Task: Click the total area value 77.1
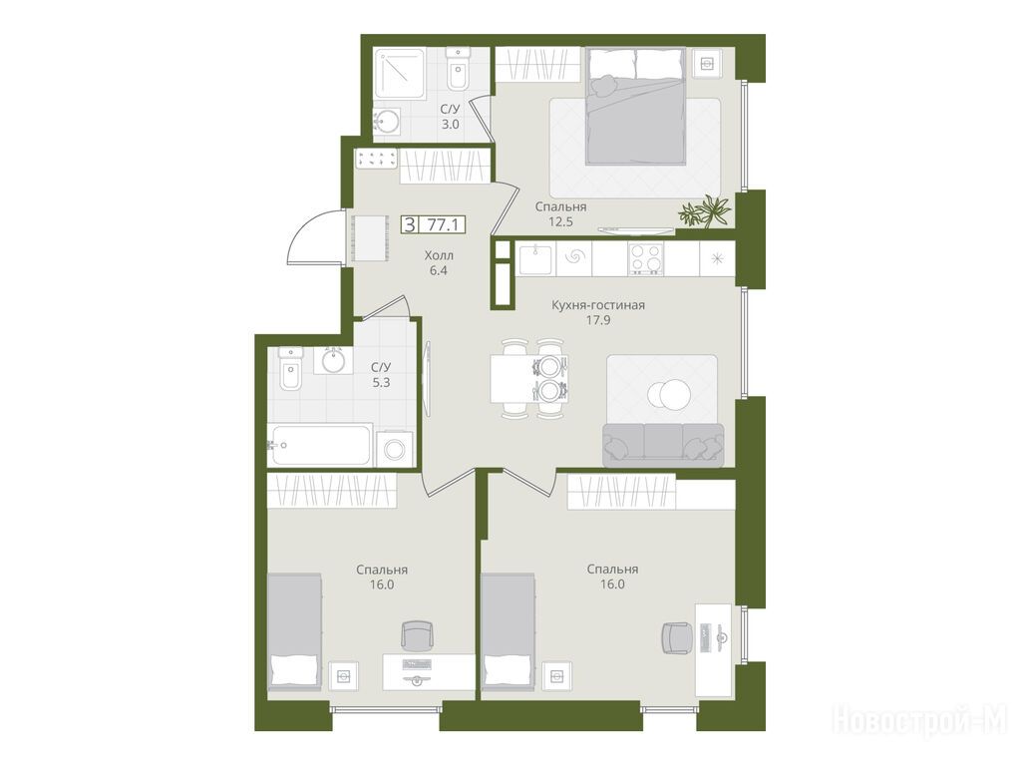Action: [443, 225]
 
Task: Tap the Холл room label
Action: [439, 255]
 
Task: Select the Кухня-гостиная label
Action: [598, 305]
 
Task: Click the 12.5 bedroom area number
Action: [560, 221]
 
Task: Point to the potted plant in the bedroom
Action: [705, 211]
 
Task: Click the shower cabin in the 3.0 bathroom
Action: [399, 73]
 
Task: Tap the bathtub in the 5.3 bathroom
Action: [320, 445]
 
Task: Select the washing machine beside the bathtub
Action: [395, 448]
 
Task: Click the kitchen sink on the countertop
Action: [535, 258]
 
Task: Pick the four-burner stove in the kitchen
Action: [646, 258]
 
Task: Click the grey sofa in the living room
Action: [663, 445]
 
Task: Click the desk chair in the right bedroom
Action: [677, 637]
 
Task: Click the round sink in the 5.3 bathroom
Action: [333, 360]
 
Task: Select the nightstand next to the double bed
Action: [707, 64]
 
